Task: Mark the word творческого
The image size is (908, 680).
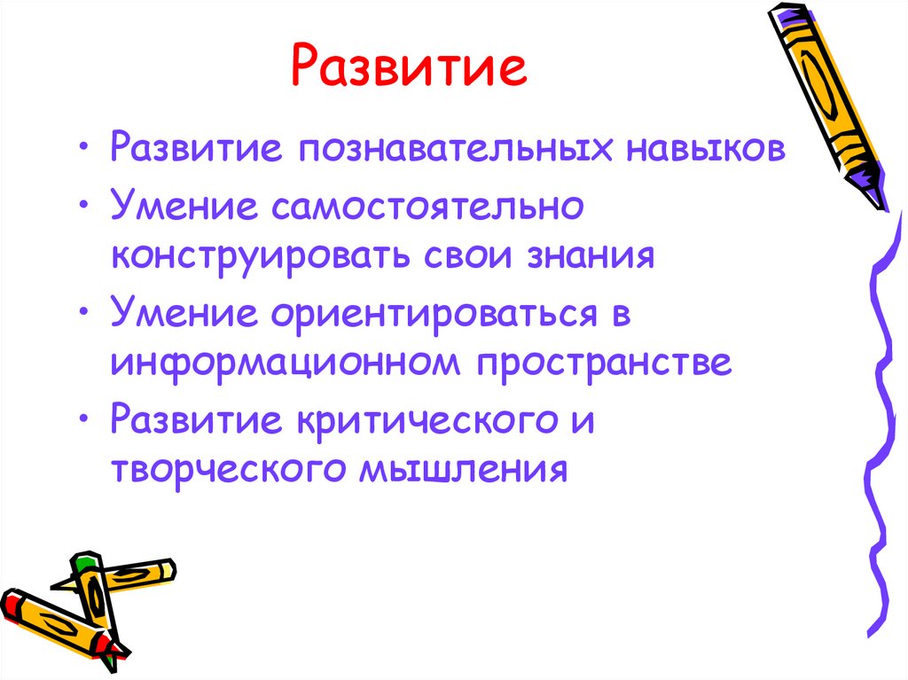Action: (x=225, y=468)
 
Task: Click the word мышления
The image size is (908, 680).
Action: (x=461, y=468)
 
